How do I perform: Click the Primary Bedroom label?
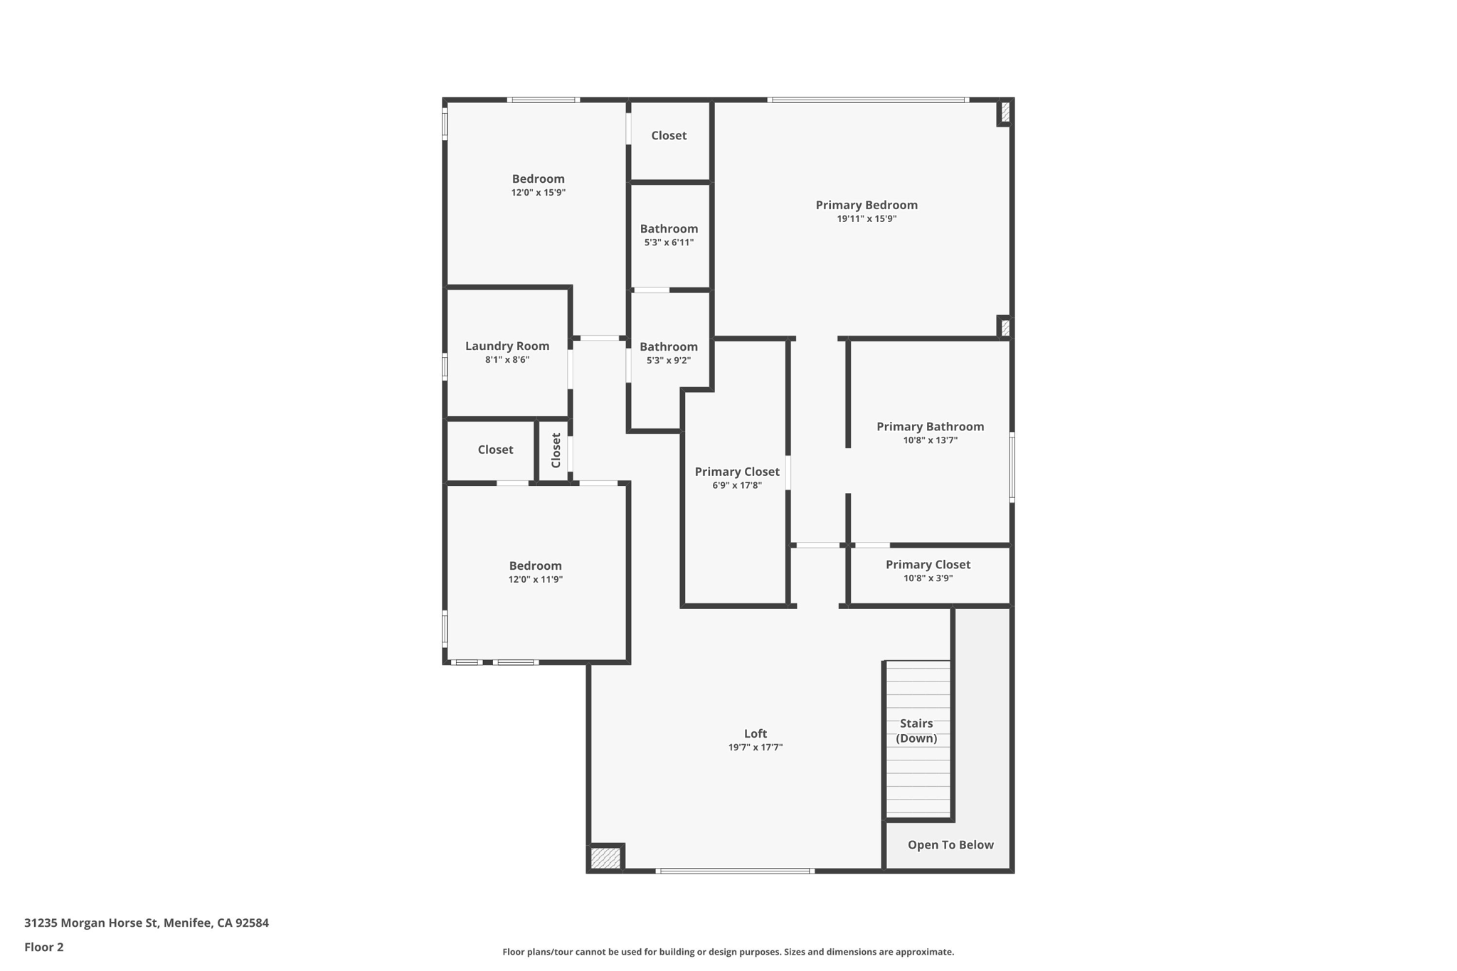[x=866, y=205]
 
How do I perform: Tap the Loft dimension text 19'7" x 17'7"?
[x=755, y=747]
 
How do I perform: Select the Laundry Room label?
[x=507, y=346]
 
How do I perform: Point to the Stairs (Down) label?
[x=916, y=731]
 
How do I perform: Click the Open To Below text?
[x=950, y=844]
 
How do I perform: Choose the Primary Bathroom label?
[x=930, y=426]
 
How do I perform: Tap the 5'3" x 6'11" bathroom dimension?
[x=668, y=243]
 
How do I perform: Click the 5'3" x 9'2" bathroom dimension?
[x=668, y=361]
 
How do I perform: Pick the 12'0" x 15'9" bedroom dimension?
[x=538, y=193]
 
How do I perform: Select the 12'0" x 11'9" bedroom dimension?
[x=535, y=580]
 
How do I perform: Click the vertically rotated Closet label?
[x=556, y=450]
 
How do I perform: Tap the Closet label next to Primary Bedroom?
[x=668, y=135]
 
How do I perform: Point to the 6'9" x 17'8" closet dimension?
[x=736, y=485]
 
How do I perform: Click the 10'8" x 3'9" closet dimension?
[x=928, y=578]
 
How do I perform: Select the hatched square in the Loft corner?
[x=605, y=857]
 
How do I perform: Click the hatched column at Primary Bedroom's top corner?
[x=1005, y=112]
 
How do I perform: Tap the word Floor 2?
[x=44, y=947]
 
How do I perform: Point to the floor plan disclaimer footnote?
[x=728, y=952]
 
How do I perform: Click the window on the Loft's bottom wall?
[x=734, y=871]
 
